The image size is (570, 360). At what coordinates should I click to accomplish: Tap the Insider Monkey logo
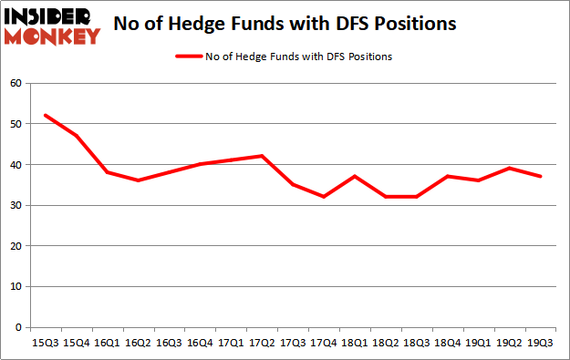tap(52, 26)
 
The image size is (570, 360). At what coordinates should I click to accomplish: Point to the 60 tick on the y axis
tap(16, 84)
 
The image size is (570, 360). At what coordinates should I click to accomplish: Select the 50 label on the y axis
tap(16, 124)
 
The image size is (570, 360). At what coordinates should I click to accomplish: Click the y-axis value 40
tap(16, 165)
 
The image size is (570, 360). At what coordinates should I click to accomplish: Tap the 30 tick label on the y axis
tap(16, 205)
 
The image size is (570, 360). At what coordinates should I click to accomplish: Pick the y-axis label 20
tap(16, 246)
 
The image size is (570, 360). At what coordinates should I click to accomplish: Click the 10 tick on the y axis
tap(16, 286)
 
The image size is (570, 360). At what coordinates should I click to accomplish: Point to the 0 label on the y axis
tap(18, 327)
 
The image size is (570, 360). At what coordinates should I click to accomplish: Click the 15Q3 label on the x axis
tap(45, 343)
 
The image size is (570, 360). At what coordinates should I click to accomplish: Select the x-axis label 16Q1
tap(107, 343)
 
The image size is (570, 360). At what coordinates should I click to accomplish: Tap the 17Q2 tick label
tap(262, 343)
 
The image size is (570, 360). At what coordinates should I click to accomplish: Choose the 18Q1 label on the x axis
tap(355, 343)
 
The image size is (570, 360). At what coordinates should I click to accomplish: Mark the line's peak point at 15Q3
tap(45, 116)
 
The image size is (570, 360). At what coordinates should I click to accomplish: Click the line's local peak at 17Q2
tap(262, 156)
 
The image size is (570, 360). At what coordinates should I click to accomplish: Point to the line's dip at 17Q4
tap(324, 197)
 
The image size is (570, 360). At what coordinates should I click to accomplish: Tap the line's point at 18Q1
tap(355, 177)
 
